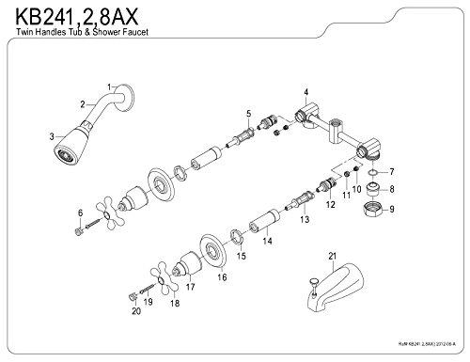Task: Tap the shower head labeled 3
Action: pos(70,153)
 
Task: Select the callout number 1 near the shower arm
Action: pos(110,87)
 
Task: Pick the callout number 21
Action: pos(331,255)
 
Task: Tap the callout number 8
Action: pos(394,189)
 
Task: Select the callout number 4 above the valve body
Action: pos(306,91)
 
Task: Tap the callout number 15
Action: pos(242,255)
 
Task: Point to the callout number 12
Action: pos(329,202)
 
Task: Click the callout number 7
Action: pos(394,172)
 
